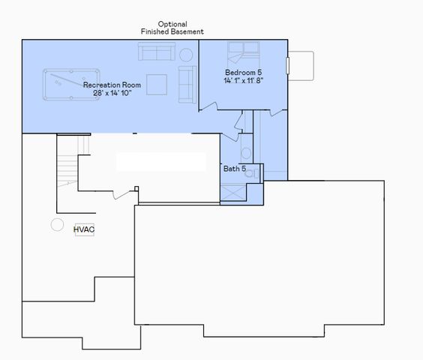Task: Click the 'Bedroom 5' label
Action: [243, 72]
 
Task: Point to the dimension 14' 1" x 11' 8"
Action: [243, 80]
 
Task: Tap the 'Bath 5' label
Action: [235, 169]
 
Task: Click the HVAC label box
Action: [84, 229]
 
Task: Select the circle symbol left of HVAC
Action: [57, 224]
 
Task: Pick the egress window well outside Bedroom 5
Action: [301, 64]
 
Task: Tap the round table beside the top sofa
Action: [186, 55]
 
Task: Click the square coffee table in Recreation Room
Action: [156, 84]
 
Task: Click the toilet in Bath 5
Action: [251, 172]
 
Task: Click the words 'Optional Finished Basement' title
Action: [172, 28]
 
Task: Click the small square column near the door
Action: [136, 188]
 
